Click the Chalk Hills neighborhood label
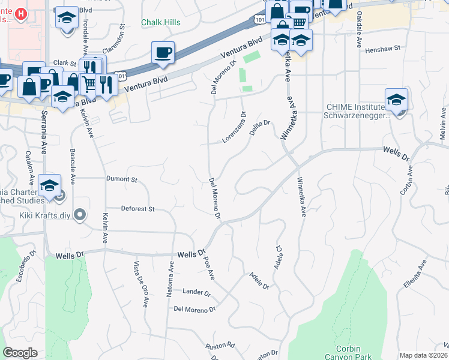coord(160,22)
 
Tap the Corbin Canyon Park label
coord(348,352)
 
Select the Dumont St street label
coord(122,179)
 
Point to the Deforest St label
coord(138,209)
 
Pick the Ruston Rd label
coord(220,346)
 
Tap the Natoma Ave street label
coord(171,278)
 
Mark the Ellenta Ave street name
coord(415,274)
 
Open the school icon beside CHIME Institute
coord(396,100)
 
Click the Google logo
coord(20,353)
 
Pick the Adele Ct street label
coord(278,257)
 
